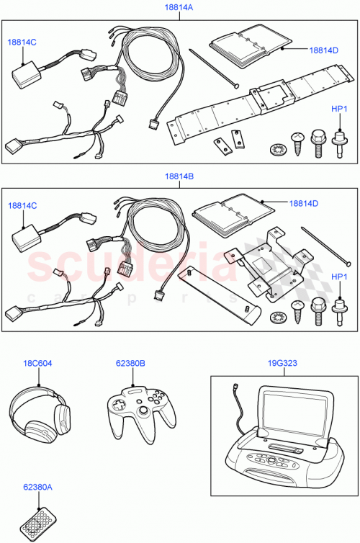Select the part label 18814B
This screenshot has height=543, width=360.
point(179,176)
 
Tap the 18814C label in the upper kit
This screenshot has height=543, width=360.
point(22,42)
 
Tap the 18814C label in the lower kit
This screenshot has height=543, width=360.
point(22,206)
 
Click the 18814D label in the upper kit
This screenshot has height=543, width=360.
point(323,50)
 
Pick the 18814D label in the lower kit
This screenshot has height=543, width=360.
point(303,204)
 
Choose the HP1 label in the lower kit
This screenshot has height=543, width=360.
point(339,277)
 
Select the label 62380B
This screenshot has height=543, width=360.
point(130,364)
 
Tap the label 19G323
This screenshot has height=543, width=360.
point(279,364)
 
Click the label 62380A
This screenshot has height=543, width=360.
point(37,487)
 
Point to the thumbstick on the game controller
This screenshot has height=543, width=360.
point(144,411)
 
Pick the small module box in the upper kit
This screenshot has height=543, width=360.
point(26,72)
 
